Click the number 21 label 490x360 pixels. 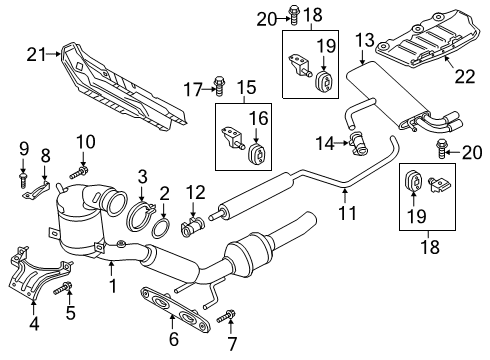(36, 54)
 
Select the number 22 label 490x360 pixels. (465, 76)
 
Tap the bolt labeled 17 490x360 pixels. (219, 86)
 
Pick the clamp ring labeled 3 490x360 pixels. (140, 217)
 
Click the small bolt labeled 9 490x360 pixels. (23, 179)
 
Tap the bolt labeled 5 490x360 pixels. (63, 288)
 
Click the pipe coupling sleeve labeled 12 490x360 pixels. (193, 227)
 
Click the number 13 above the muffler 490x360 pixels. (365, 40)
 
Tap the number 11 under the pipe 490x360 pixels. (347, 213)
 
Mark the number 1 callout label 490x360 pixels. (113, 286)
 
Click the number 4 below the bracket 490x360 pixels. (34, 323)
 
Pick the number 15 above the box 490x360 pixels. (247, 87)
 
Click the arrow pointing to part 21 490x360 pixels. (54, 53)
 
